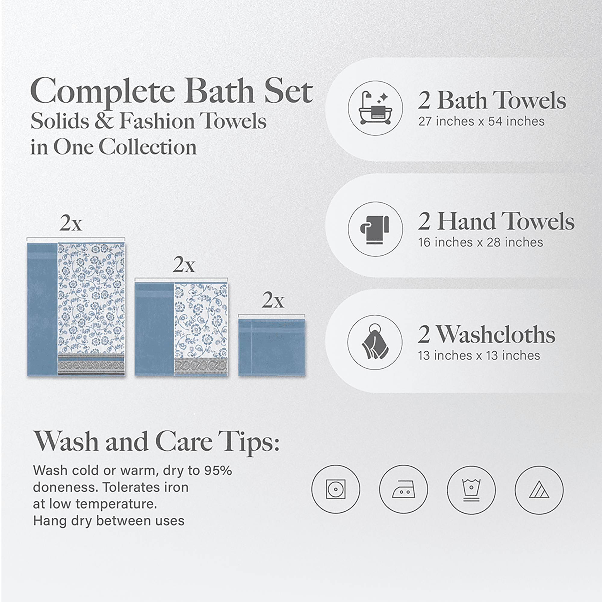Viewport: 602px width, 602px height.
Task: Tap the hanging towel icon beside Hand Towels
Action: point(375,229)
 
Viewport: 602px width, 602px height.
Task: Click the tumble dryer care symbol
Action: point(336,489)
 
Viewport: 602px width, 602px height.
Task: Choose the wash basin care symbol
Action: point(471,490)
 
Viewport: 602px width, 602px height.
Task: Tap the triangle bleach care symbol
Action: point(539,490)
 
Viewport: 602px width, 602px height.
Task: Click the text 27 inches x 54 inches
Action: point(481,121)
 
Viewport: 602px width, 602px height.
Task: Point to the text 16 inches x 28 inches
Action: point(480,242)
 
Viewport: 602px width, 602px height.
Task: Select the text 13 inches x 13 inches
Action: point(479,355)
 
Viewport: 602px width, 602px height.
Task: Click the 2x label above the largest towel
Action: point(71,223)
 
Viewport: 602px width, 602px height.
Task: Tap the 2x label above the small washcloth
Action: point(273,300)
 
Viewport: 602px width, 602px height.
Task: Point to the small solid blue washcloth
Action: point(272,346)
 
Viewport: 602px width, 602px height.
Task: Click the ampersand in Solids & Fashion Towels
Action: point(104,121)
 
